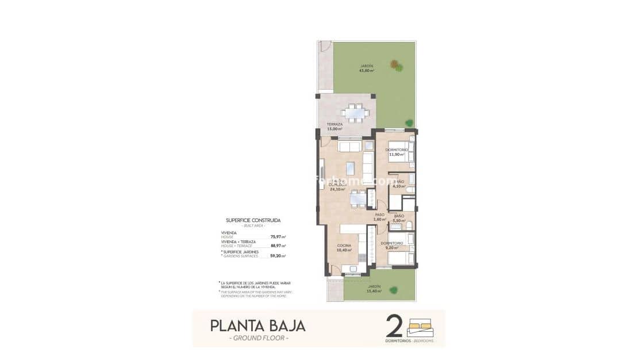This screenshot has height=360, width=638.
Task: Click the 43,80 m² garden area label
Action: (366, 68)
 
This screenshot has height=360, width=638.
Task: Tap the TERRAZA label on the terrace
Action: (335, 127)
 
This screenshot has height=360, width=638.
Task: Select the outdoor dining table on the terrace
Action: (356, 113)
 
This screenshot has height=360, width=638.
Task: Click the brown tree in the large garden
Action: (395, 64)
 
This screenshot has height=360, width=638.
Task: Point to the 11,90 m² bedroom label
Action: (397, 152)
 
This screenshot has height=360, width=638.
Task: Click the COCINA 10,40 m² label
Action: (345, 248)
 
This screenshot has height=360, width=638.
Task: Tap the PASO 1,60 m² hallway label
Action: (379, 217)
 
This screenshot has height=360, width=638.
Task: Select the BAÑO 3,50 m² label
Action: (399, 218)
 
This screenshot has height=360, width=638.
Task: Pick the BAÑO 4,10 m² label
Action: (399, 184)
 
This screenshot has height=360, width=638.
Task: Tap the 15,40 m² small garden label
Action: (374, 289)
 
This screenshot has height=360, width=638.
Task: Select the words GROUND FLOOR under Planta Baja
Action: (258, 338)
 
